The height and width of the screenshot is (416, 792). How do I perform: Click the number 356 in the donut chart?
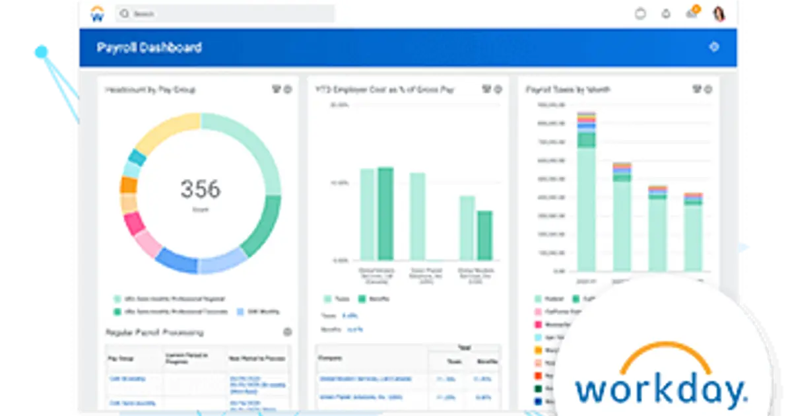(200, 190)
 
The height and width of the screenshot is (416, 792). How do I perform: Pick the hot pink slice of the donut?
(135, 223)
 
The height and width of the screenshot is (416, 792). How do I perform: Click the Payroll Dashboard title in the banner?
(149, 48)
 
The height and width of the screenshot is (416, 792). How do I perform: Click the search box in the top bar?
(224, 14)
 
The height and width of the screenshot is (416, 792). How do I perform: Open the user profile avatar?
(719, 13)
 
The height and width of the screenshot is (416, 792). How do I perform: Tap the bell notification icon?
(666, 14)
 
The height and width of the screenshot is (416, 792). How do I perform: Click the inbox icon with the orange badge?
(692, 13)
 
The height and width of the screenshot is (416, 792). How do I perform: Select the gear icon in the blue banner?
(713, 47)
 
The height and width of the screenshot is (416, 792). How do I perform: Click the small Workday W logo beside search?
(97, 14)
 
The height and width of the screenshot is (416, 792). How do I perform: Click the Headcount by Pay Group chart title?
(150, 89)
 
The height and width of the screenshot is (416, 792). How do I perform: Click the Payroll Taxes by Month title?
(568, 89)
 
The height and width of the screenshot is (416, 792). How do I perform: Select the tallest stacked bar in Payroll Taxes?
(586, 191)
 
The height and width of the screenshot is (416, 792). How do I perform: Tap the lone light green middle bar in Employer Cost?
(417, 216)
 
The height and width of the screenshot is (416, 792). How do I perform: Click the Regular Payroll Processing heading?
(154, 332)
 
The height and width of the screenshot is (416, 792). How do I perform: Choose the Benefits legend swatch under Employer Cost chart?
(362, 298)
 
